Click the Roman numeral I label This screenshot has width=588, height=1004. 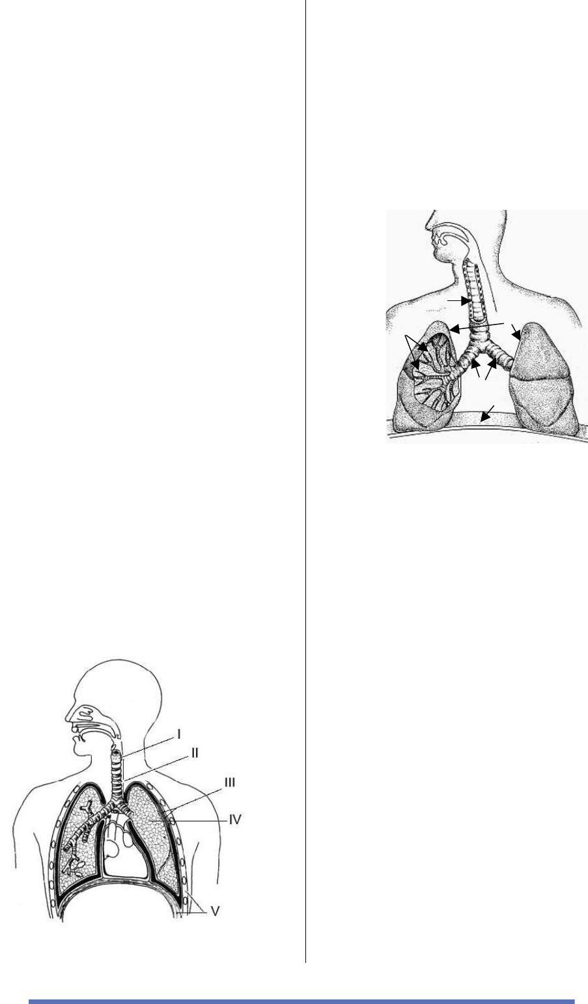179,734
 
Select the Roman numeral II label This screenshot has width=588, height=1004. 194,753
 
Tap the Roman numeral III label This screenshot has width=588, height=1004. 230,782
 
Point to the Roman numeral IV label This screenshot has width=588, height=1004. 235,820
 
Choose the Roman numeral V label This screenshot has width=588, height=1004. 215,911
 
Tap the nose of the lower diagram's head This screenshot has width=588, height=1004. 69,716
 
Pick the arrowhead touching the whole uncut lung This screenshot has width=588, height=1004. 517,335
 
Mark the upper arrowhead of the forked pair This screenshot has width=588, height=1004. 423,347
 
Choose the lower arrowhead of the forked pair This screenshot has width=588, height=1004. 415,364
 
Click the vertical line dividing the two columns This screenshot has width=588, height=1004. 306,481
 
